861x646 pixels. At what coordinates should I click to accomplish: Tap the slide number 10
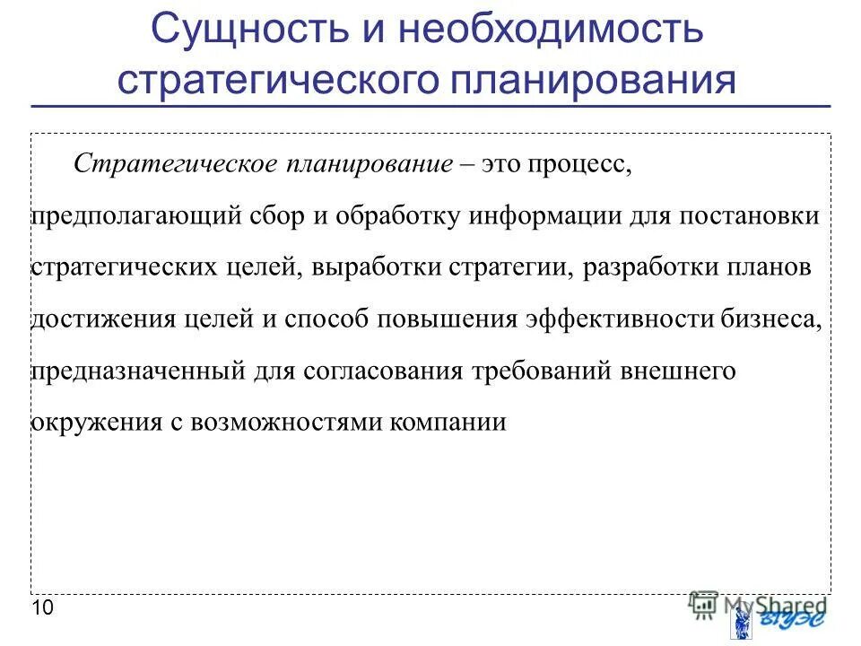point(42,608)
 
